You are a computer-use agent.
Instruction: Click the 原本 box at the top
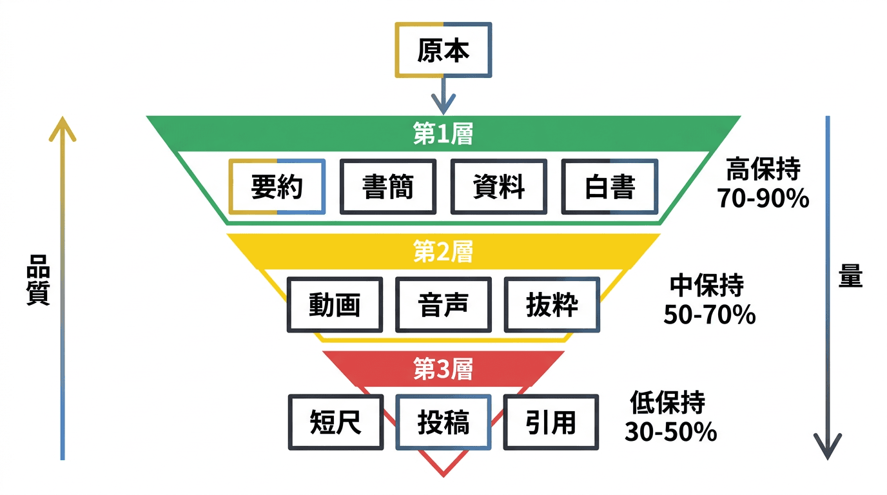(x=443, y=51)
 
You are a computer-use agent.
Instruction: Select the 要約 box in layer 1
(x=277, y=186)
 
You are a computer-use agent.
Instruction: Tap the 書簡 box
(x=387, y=186)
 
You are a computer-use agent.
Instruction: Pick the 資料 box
(x=498, y=186)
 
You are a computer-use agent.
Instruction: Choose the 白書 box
(x=609, y=186)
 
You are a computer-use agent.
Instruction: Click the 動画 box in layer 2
(x=334, y=305)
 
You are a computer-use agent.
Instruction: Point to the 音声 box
(x=443, y=305)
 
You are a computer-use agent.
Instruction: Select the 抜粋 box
(x=552, y=305)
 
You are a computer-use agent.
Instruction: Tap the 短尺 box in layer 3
(x=335, y=422)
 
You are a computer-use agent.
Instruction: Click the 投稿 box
(x=443, y=422)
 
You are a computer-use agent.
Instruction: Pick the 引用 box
(x=551, y=422)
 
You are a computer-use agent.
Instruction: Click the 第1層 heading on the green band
(x=443, y=134)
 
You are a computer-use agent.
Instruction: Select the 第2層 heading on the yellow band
(x=443, y=251)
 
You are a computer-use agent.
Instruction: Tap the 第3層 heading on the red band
(x=443, y=369)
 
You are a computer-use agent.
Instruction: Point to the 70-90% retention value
(x=763, y=199)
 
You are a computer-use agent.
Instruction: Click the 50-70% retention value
(x=709, y=315)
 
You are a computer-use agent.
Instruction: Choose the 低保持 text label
(x=668, y=403)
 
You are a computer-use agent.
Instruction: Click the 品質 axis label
(x=38, y=278)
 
